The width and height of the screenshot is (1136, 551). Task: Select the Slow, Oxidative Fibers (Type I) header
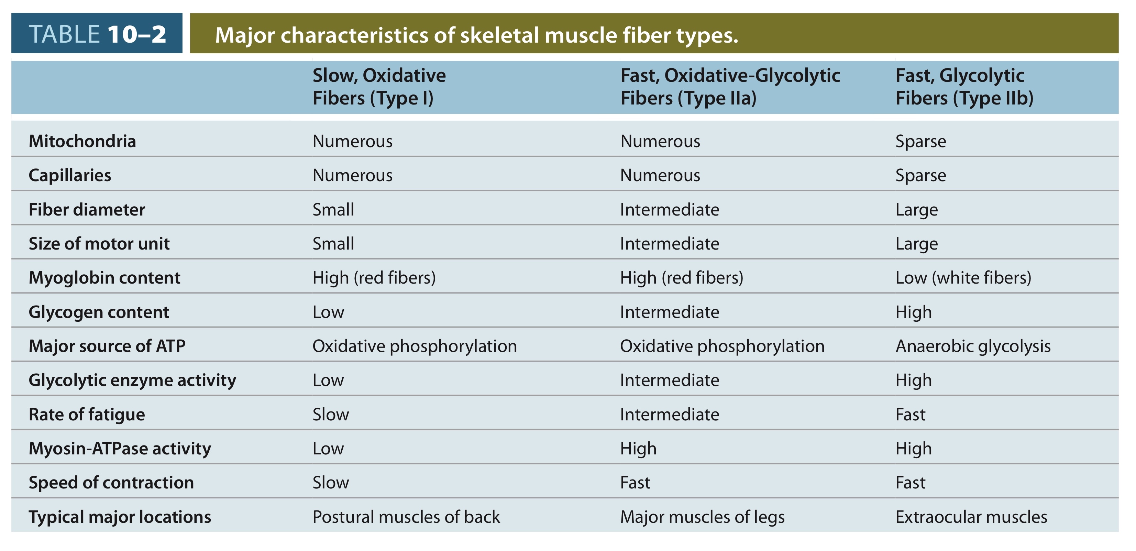[379, 87]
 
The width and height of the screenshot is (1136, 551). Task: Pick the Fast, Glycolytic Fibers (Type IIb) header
[964, 87]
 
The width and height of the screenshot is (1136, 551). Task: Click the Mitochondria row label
[82, 141]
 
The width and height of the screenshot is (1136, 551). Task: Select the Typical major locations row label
[120, 517]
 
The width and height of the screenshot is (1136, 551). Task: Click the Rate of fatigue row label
[87, 415]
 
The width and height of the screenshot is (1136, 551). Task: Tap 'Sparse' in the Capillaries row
[921, 176]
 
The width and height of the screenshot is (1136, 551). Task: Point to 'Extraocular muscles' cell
[971, 517]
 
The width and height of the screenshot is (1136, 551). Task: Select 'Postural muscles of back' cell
[406, 517]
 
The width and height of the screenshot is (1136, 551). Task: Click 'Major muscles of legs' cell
[702, 517]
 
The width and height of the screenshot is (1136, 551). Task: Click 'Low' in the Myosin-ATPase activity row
[328, 449]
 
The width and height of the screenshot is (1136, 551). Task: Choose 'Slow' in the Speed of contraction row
[331, 483]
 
